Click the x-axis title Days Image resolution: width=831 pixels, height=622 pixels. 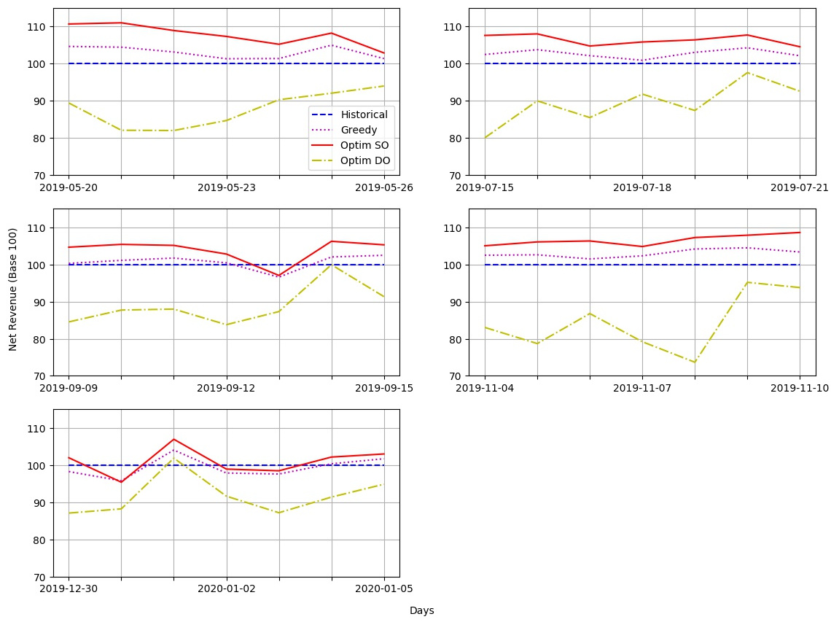(422, 610)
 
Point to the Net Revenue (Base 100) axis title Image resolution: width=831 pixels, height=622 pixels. (12, 290)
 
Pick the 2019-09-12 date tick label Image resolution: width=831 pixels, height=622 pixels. (226, 388)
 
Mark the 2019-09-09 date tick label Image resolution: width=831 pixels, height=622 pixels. (69, 388)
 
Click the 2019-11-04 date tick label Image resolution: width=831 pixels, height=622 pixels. (485, 388)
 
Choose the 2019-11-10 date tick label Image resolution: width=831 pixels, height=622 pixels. (800, 388)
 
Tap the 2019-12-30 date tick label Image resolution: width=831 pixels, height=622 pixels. (69, 588)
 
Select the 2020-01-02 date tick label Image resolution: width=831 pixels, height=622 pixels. (226, 588)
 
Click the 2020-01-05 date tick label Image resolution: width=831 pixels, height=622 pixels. (384, 588)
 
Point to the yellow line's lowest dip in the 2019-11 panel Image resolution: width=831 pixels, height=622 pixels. (695, 362)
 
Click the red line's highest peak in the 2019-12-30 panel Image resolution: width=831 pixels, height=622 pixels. (173, 439)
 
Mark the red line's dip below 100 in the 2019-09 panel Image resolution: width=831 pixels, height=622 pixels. (278, 276)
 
